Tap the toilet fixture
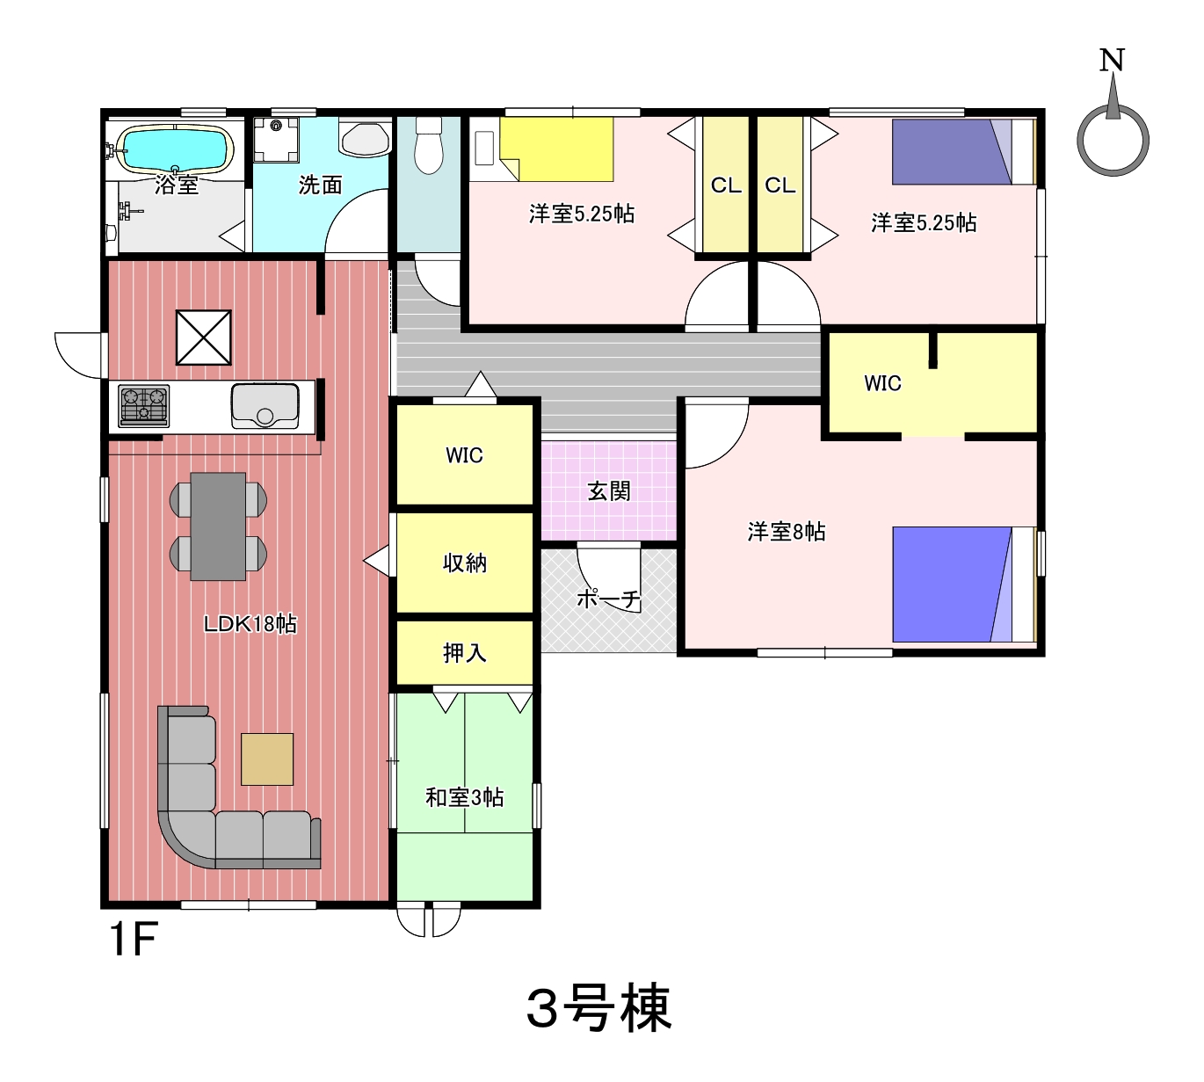pos(429,144)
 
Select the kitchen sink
pos(265,405)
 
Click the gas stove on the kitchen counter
pos(144,405)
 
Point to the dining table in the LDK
pos(218,526)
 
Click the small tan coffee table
pos(267,759)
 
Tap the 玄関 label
pos(608,491)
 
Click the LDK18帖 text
pos(250,624)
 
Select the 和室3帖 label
pos(465,797)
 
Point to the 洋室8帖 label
pos(787,532)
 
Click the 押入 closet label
pos(465,653)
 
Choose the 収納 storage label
pos(465,563)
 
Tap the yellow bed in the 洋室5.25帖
pos(557,149)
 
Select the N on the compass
pos(1112,60)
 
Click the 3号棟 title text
pos(599,1007)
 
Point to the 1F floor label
pos(133,939)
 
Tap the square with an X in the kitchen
pos(203,338)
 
